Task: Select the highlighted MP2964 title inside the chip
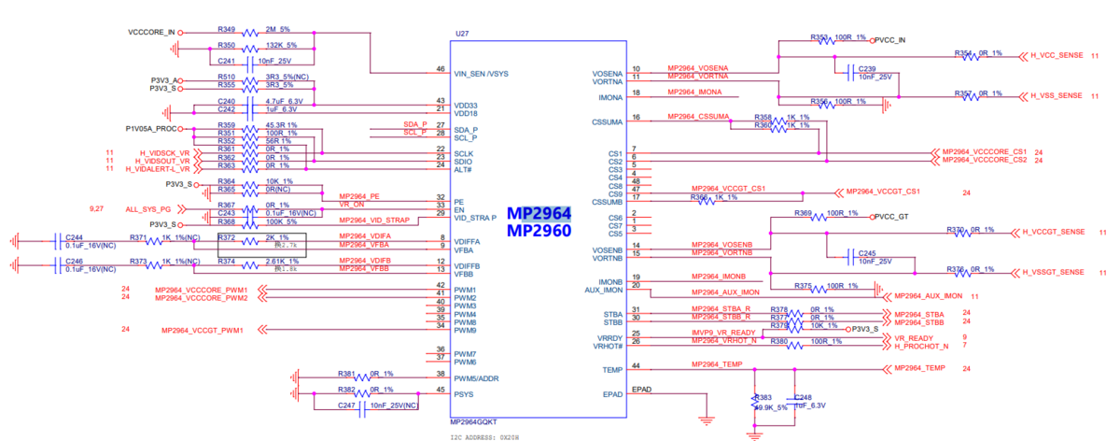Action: pos(539,213)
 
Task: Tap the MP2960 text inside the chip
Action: pos(539,230)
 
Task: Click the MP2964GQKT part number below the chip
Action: pos(473,421)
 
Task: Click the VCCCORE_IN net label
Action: pos(150,32)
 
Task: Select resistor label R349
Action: pos(226,31)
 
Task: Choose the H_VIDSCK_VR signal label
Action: pos(164,152)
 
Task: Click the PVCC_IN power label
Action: pos(890,40)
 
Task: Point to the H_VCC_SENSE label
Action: pos(1057,55)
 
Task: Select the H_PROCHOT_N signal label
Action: pos(921,346)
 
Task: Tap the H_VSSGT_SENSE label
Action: pos(1054,272)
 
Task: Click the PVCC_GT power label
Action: pos(892,217)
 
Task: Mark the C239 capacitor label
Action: pos(867,68)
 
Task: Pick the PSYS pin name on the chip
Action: pos(465,393)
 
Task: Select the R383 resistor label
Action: pos(763,397)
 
